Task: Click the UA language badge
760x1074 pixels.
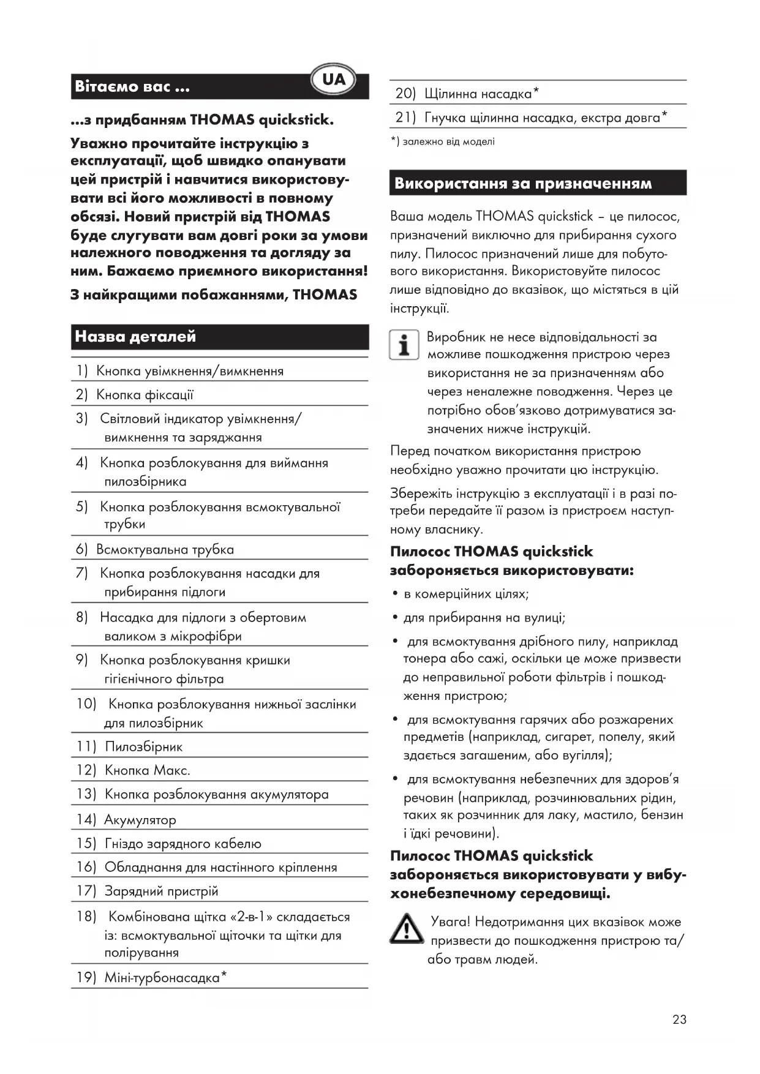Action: coord(333,80)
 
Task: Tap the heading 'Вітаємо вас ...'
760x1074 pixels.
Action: coord(132,86)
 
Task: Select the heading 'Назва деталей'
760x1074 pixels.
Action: coord(135,336)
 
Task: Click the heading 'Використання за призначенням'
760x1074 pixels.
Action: coord(523,183)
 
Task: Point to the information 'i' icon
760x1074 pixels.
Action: coord(404,345)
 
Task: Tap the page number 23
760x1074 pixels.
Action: coord(679,1020)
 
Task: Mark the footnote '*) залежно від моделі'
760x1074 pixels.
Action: coord(443,141)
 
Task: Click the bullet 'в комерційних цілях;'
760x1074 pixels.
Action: coord(466,594)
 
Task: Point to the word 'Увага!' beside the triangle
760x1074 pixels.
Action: coord(451,922)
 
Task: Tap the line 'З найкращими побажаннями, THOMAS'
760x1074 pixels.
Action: coord(214,295)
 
